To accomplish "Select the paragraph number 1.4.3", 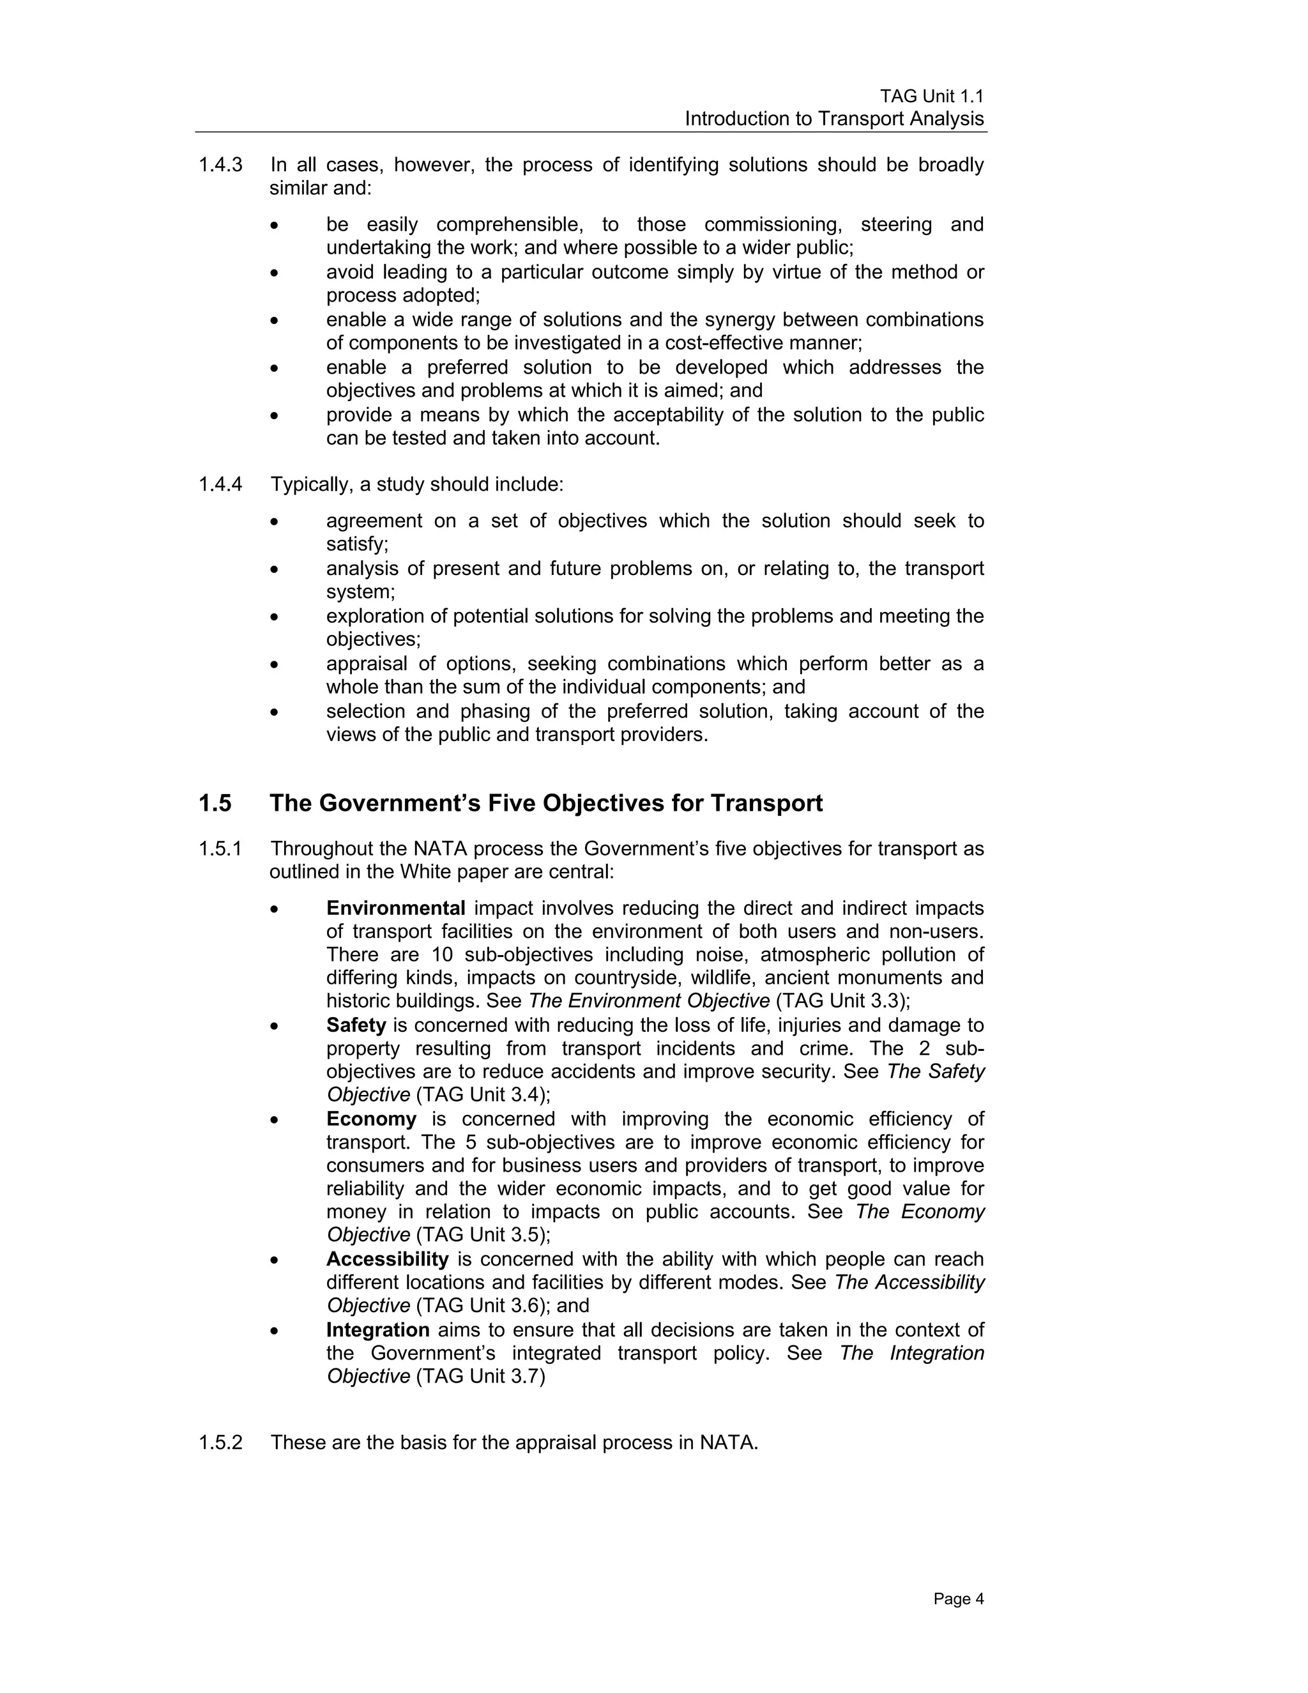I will coord(220,165).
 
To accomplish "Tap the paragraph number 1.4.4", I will coord(220,484).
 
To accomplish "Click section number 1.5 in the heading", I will coord(215,803).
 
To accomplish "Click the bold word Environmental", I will coord(395,908).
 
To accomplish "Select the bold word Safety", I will coord(356,1025).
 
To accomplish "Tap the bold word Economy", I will coord(371,1119).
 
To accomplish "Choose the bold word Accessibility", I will coord(388,1259).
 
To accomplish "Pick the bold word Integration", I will coord(377,1329).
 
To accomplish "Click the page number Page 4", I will coord(958,1599).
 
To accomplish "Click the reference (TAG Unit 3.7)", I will coord(480,1376).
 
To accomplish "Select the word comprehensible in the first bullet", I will coord(508,225).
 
